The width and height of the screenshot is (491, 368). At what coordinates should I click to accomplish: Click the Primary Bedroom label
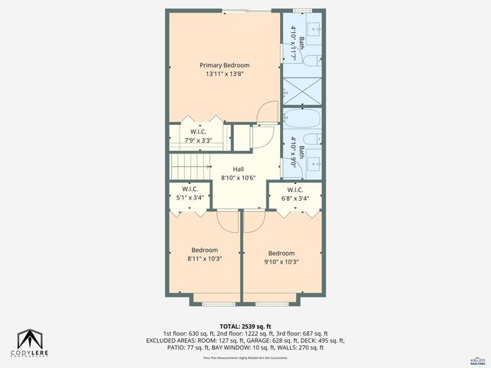tap(225, 65)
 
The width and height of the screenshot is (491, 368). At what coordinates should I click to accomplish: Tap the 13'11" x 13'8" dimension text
tap(225, 74)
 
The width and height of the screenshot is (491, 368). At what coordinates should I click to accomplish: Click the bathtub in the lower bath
tap(303, 120)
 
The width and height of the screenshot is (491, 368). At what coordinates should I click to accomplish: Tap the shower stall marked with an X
tap(302, 91)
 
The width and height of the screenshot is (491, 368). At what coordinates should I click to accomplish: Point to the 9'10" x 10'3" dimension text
tap(282, 262)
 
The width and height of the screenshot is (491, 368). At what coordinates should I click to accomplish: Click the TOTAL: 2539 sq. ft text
tap(245, 325)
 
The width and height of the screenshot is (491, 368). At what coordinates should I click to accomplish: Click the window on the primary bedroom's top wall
tap(245, 11)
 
